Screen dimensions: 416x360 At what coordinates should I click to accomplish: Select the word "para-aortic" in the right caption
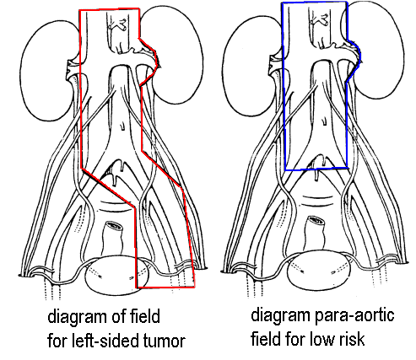[354, 316]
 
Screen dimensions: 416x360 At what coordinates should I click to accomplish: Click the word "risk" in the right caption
[353, 339]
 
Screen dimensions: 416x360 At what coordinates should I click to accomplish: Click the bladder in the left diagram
[117, 275]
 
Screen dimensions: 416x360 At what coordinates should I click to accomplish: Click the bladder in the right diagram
[319, 272]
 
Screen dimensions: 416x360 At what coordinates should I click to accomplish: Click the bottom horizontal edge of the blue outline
[316, 169]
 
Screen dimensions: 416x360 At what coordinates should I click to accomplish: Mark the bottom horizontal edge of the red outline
[165, 287]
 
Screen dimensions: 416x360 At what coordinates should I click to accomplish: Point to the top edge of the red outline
[109, 10]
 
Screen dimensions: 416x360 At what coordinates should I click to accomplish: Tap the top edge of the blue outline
[315, 3]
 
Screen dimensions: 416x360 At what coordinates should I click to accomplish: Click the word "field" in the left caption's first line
[145, 316]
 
